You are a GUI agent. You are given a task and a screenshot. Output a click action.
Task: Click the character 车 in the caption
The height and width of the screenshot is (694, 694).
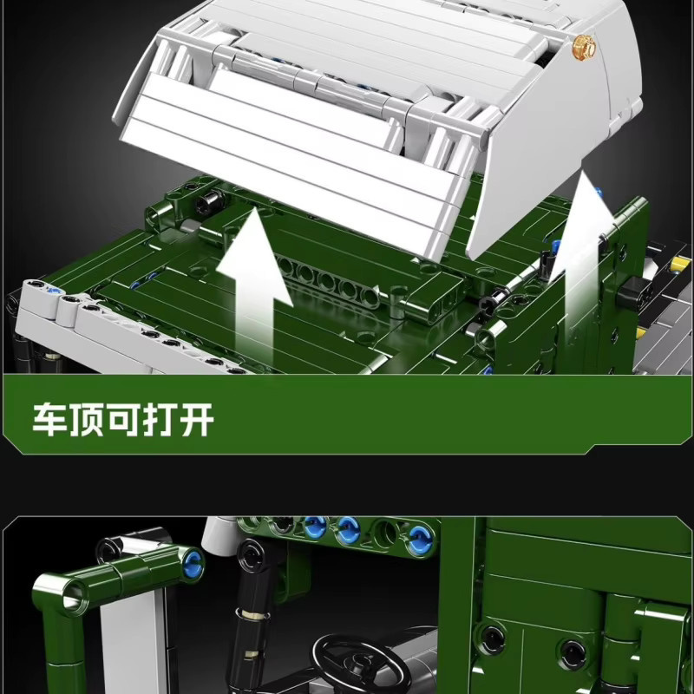tap(50, 419)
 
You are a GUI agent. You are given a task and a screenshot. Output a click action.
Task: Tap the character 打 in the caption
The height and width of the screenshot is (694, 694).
tap(160, 419)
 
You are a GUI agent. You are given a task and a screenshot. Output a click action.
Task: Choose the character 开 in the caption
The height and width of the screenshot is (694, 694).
tap(196, 419)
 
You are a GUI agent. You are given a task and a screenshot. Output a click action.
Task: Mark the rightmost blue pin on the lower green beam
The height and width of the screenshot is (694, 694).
tap(419, 539)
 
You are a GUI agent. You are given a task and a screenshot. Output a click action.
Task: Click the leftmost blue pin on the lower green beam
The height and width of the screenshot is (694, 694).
tap(315, 527)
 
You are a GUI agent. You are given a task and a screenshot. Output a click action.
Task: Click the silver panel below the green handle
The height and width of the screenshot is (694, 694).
tap(132, 642)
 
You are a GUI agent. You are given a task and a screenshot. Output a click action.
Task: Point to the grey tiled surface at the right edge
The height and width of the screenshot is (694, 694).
tap(664, 337)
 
